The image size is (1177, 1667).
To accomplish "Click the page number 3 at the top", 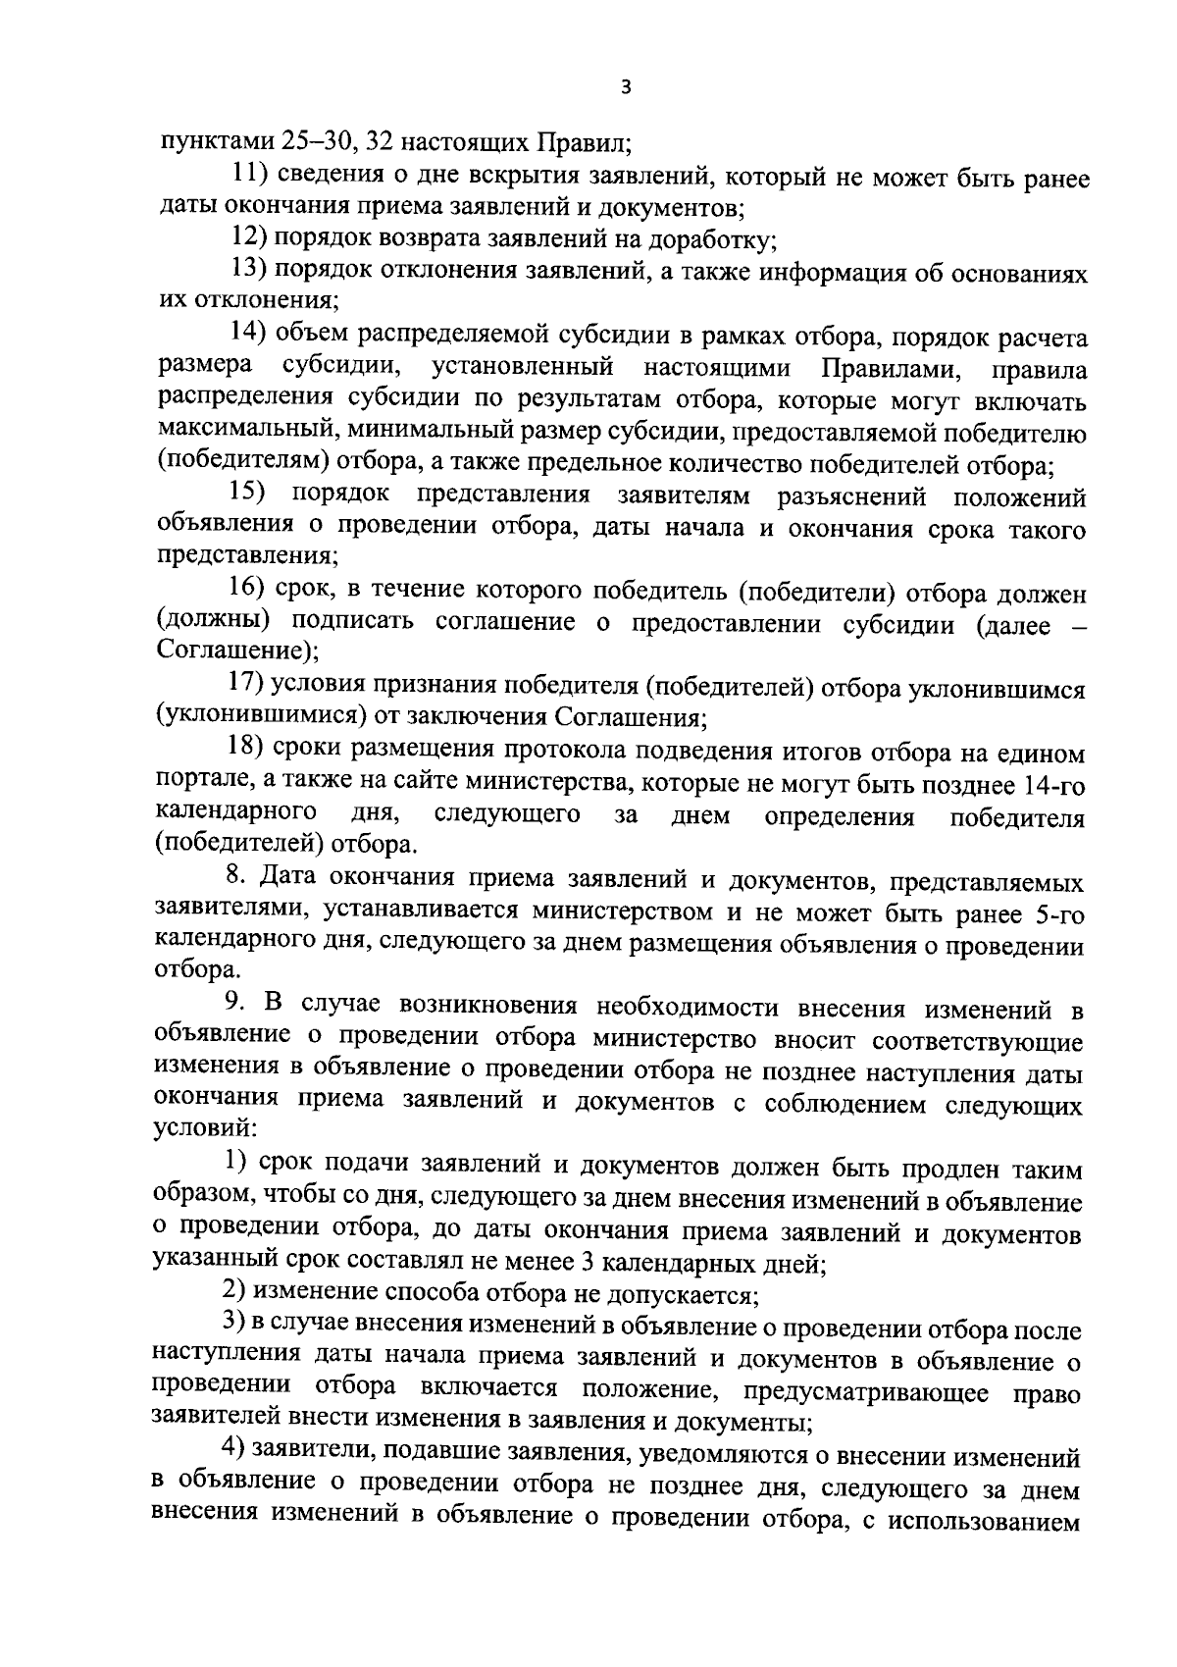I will [626, 87].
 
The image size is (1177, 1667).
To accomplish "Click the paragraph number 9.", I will [233, 1005].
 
